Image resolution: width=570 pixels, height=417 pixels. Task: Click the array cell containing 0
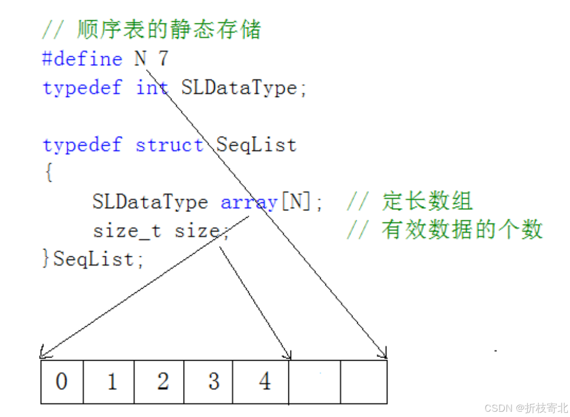tap(62, 382)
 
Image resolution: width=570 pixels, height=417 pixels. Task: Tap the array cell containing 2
tap(159, 382)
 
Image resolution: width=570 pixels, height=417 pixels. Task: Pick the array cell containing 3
tap(210, 382)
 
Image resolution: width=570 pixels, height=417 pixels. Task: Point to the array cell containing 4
tap(261, 382)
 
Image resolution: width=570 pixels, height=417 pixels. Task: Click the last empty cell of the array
tap(363, 382)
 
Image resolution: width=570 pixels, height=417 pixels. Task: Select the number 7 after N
tap(163, 58)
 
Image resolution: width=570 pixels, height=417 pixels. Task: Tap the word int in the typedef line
tap(152, 87)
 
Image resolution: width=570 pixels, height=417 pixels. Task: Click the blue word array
tap(249, 201)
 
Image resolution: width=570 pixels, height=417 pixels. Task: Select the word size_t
tap(127, 230)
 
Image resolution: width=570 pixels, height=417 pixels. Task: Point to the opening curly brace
tap(48, 173)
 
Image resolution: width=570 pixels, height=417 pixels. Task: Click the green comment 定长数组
tap(427, 201)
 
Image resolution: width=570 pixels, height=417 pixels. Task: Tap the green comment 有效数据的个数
tap(462, 230)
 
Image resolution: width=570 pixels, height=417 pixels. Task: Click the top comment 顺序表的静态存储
tap(168, 30)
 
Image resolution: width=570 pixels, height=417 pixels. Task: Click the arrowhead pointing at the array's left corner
tap(42, 355)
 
